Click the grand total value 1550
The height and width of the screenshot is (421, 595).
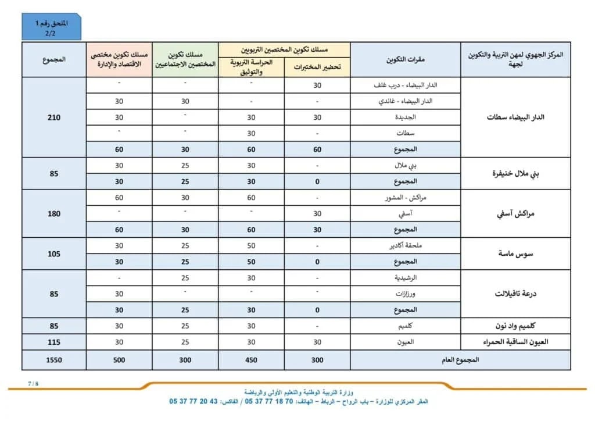click(54, 360)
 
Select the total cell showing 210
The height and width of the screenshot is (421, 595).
click(54, 117)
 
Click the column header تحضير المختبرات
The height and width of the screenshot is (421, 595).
click(317, 67)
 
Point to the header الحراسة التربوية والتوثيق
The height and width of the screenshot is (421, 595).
click(251, 67)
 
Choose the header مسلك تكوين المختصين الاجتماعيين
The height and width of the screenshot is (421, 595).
click(185, 59)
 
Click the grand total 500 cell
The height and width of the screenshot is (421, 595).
click(119, 360)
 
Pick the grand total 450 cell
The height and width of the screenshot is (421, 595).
click(251, 360)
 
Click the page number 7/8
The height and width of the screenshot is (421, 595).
click(33, 384)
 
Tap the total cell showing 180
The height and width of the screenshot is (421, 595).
click(54, 213)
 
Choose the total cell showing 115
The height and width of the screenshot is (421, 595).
click(54, 342)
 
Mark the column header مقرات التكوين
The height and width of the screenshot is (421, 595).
click(406, 59)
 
